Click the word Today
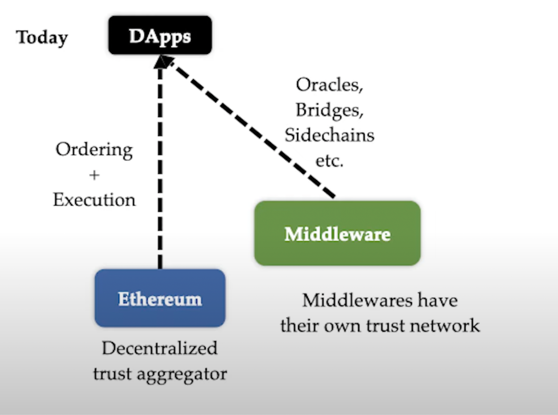pyautogui.click(x=42, y=37)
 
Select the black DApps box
pyautogui.click(x=160, y=35)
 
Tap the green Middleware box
pyautogui.click(x=337, y=234)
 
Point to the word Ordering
pyautogui.click(x=94, y=150)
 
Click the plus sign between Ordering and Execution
pyautogui.click(x=94, y=175)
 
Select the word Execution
pyautogui.click(x=94, y=200)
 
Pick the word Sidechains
pyautogui.click(x=329, y=135)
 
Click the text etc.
pyautogui.click(x=329, y=161)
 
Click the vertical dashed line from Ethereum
pyautogui.click(x=160, y=167)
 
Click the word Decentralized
pyautogui.click(x=159, y=348)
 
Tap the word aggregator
pyautogui.click(x=182, y=374)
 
